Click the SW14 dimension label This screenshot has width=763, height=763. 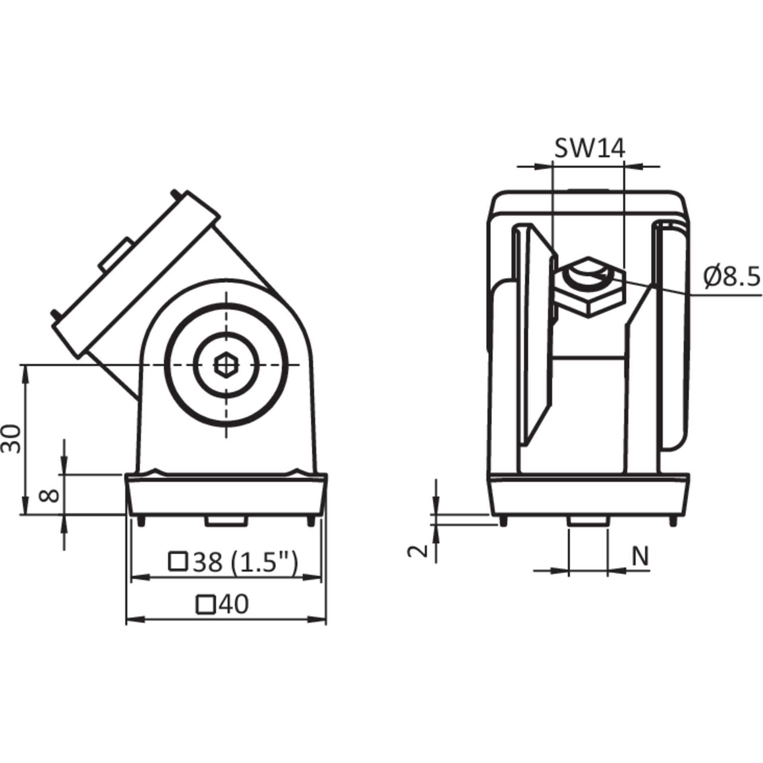(590, 148)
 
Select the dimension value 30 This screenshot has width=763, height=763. (11, 438)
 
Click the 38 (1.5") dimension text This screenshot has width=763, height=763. (233, 562)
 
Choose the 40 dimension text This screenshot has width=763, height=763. (223, 604)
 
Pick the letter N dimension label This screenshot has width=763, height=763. (640, 556)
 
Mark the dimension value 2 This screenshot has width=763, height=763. (418, 551)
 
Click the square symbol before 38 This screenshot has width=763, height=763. (178, 562)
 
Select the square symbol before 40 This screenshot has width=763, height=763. (206, 604)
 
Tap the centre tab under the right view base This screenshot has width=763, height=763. (588, 521)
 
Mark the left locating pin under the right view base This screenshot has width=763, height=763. (504, 521)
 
